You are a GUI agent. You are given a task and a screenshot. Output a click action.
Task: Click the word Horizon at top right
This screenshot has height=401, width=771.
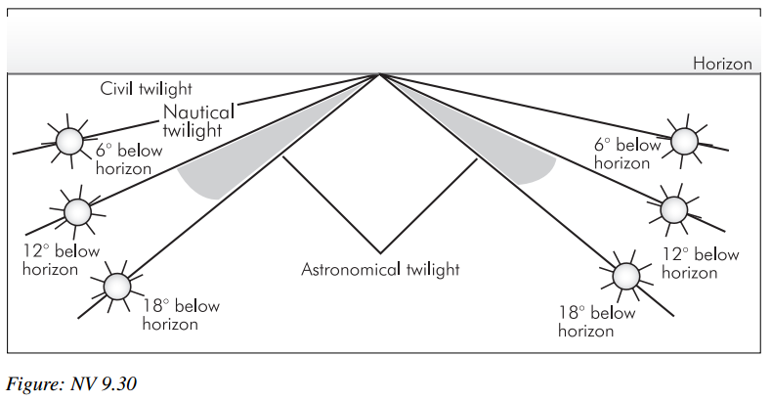point(722,65)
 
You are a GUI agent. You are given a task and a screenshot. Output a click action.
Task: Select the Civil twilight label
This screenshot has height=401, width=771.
point(148,89)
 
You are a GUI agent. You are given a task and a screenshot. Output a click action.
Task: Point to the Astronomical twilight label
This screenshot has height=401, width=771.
point(379,269)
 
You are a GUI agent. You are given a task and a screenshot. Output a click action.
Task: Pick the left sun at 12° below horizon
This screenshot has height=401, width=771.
point(77,210)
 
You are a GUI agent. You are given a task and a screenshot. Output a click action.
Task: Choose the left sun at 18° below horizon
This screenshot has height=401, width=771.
point(116,286)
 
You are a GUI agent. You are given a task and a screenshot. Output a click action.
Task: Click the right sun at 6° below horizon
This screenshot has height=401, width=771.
point(682,140)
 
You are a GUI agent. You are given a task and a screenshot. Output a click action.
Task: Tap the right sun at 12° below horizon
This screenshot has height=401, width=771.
point(674,208)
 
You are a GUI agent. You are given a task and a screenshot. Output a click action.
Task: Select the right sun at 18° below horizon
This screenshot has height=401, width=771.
point(627,275)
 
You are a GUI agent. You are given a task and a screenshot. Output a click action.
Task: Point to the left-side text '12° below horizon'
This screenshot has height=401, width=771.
point(61,259)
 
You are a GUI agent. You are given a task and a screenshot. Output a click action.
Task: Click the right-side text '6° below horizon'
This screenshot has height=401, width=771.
point(627,154)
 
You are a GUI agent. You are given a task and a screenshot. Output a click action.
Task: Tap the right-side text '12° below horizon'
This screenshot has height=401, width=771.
point(700,263)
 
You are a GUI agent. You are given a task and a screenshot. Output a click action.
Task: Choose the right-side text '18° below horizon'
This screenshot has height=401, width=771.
point(596,322)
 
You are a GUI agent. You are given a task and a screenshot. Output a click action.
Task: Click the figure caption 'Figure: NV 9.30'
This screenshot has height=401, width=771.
point(72,382)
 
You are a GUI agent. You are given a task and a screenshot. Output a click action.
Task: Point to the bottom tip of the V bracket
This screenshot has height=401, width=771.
point(380,250)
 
